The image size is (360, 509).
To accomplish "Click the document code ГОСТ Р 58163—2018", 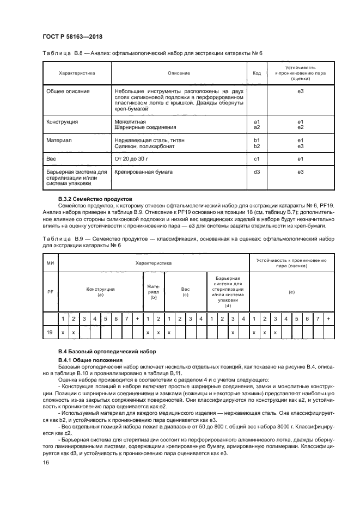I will [72, 37].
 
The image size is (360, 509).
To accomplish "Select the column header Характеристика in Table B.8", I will [77, 72].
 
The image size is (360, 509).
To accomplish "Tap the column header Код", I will [257, 72].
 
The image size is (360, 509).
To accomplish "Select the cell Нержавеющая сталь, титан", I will [149, 140].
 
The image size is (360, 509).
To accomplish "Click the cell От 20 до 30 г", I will [132, 159].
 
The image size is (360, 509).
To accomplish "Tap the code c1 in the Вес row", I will [257, 159].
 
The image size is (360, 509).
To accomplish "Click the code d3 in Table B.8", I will [257, 171].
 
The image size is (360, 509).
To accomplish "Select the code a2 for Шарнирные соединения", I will [257, 127].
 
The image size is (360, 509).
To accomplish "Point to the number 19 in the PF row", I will [50, 332].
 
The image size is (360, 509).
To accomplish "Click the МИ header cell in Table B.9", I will [50, 263].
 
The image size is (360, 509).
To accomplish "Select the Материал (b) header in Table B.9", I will [154, 292].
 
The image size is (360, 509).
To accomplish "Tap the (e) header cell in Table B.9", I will [291, 292].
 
